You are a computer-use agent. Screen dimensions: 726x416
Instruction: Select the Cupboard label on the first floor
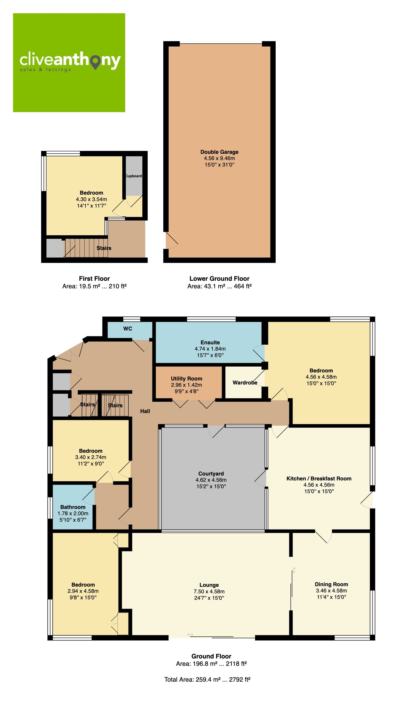(133, 176)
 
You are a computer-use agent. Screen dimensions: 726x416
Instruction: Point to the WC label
(128, 329)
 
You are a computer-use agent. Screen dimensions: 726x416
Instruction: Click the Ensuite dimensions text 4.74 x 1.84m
(210, 349)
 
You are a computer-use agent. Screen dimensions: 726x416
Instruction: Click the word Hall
(145, 411)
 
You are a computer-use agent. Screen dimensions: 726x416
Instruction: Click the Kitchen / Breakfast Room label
(319, 479)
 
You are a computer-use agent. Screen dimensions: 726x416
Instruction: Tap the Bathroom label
(73, 507)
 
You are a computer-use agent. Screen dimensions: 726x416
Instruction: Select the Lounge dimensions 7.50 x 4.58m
(209, 591)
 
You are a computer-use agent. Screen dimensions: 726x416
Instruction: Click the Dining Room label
(331, 584)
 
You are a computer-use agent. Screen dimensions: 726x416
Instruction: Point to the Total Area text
(207, 679)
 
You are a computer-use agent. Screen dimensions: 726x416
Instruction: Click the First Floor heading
(94, 278)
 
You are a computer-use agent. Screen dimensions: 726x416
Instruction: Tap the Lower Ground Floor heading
(219, 278)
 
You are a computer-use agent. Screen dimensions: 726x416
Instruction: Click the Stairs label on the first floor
(104, 248)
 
